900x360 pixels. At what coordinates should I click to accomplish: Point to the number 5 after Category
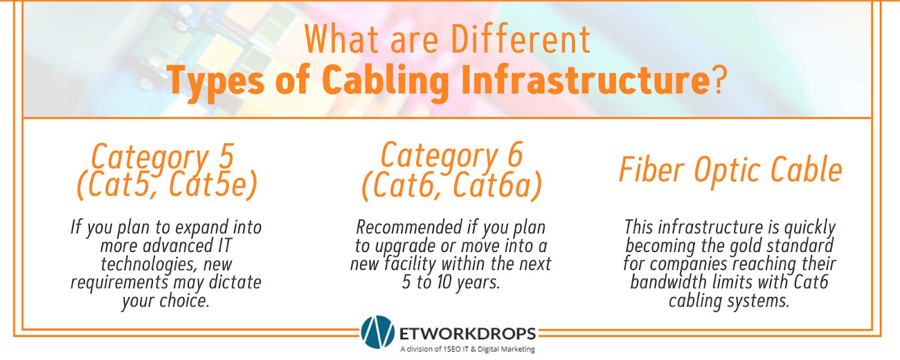(x=226, y=156)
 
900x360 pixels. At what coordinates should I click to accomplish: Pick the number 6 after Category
(x=515, y=155)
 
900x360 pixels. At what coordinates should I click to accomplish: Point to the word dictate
(x=235, y=282)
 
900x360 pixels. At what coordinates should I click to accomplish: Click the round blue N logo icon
(x=377, y=332)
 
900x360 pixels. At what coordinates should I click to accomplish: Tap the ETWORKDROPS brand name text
(x=467, y=334)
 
